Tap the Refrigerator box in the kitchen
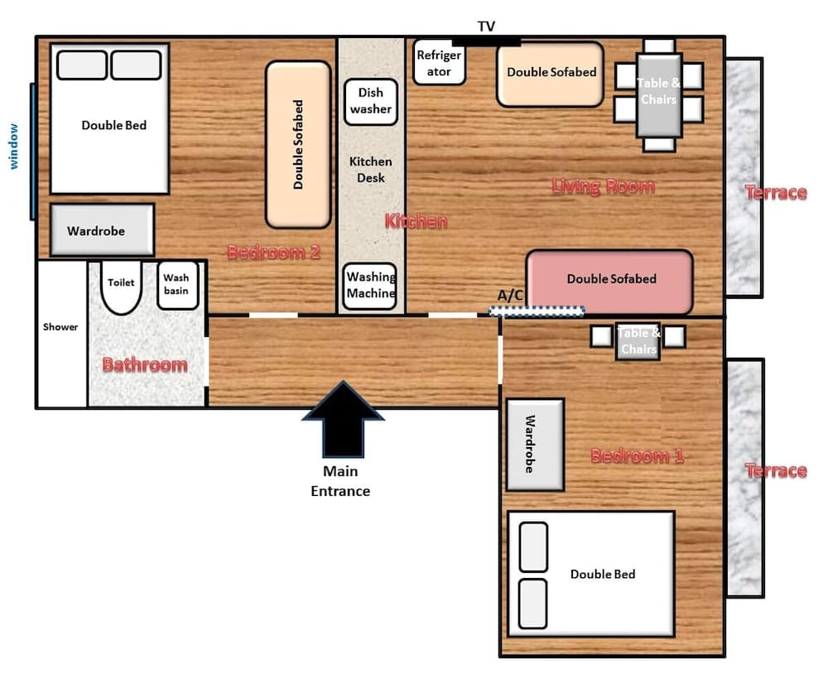tap(439, 62)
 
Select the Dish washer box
tap(371, 102)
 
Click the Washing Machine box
tap(370, 286)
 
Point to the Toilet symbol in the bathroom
tap(122, 286)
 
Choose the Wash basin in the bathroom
tap(177, 285)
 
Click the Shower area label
tap(60, 327)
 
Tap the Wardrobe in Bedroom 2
tap(103, 230)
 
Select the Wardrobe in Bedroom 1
tap(535, 445)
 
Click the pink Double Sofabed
tap(609, 282)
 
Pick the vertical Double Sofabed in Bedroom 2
tap(298, 145)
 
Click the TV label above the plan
tap(486, 26)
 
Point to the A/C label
tap(510, 296)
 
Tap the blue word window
tap(14, 147)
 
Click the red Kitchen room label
tap(416, 221)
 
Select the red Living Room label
tap(603, 186)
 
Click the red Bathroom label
tap(145, 364)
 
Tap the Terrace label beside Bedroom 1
tap(776, 470)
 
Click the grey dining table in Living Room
tap(659, 95)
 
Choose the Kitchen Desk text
tap(371, 170)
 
